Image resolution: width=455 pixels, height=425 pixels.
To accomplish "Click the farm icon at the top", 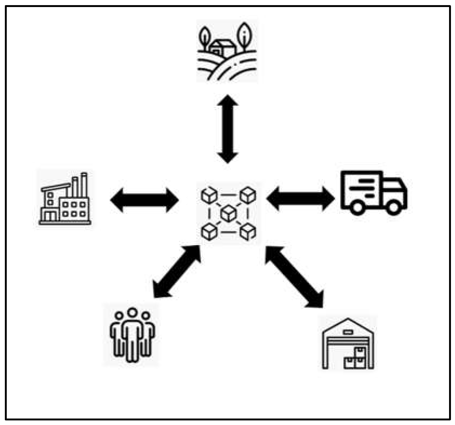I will tap(227, 51).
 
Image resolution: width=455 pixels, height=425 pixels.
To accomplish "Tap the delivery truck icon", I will tap(374, 193).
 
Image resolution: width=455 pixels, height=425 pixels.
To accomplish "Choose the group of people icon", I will tap(132, 335).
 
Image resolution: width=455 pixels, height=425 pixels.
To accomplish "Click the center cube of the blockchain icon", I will tap(228, 213).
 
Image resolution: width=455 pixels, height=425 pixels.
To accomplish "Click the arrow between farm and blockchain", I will tap(227, 129).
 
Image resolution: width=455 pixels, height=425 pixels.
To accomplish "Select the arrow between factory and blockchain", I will tap(144, 200).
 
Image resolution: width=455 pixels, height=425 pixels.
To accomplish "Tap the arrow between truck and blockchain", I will tap(300, 199).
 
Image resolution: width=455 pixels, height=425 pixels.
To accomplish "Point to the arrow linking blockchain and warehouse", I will tap(294, 277).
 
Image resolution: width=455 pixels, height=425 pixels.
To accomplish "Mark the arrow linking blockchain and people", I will tap(177, 271).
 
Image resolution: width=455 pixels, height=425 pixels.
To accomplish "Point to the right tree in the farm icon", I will tap(244, 35).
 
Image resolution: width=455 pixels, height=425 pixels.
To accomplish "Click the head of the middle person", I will tap(132, 313).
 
